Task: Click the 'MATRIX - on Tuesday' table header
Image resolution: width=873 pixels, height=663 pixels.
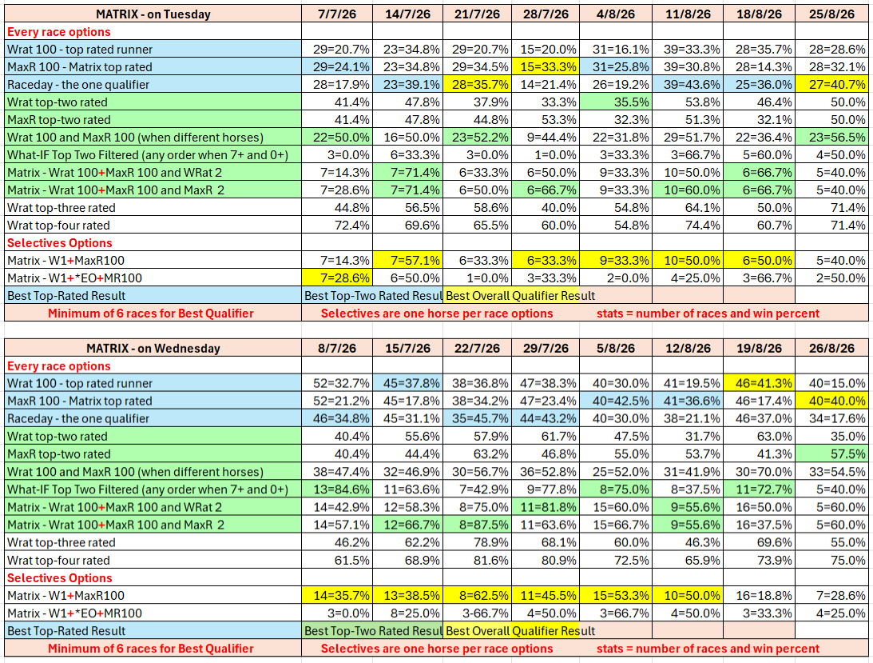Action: (153, 14)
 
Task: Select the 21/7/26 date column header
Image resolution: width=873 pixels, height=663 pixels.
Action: (477, 14)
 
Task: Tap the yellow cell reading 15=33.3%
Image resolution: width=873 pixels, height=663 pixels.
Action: (546, 67)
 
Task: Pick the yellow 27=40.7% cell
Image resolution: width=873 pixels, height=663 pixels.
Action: (831, 85)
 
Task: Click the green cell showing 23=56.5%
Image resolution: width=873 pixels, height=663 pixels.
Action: (831, 138)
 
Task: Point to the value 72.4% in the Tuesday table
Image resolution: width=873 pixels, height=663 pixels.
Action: (351, 226)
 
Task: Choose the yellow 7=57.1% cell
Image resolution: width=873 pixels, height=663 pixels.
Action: (407, 261)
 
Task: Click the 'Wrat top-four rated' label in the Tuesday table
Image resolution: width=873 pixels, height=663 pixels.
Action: (58, 226)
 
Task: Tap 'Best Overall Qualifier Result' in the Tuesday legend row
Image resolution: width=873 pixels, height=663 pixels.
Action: (521, 296)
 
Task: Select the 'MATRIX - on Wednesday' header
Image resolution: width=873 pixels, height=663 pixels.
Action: (153, 349)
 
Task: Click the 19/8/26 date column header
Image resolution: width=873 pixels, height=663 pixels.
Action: (760, 349)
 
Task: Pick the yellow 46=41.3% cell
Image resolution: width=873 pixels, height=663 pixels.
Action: (759, 384)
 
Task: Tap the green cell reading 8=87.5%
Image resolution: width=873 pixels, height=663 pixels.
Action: (477, 525)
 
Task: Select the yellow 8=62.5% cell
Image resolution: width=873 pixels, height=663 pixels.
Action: (477, 596)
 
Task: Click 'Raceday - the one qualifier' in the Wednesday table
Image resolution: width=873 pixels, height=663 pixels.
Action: (78, 419)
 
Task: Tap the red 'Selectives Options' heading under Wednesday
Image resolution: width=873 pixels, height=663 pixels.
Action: (60, 578)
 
